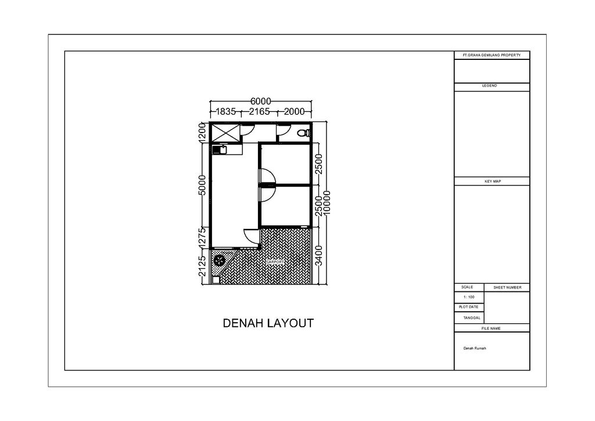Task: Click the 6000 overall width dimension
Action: (261, 102)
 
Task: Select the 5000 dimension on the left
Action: (202, 185)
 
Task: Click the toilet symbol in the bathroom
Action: (302, 133)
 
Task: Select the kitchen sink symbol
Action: (220, 150)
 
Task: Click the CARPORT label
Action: (275, 262)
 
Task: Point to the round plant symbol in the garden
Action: (220, 261)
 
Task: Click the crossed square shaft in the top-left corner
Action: (224, 133)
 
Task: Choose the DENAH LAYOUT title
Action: (268, 323)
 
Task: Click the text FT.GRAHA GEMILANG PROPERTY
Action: (492, 55)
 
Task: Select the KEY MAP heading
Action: (492, 181)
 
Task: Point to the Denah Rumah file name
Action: (474, 348)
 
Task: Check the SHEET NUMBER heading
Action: (507, 288)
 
